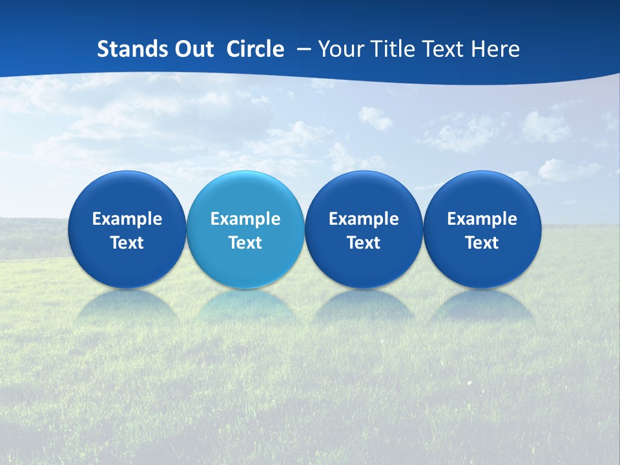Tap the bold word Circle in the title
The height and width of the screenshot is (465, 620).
pyautogui.click(x=255, y=49)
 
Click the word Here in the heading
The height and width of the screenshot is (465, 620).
pyautogui.click(x=497, y=49)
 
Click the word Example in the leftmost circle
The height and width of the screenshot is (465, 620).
pyautogui.click(x=127, y=219)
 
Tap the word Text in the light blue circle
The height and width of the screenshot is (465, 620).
pyautogui.click(x=245, y=243)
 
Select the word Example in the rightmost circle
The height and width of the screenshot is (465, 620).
pyautogui.click(x=482, y=219)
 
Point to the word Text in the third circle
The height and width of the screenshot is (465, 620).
pyautogui.click(x=364, y=243)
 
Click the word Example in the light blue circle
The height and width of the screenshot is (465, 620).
pyautogui.click(x=245, y=219)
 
